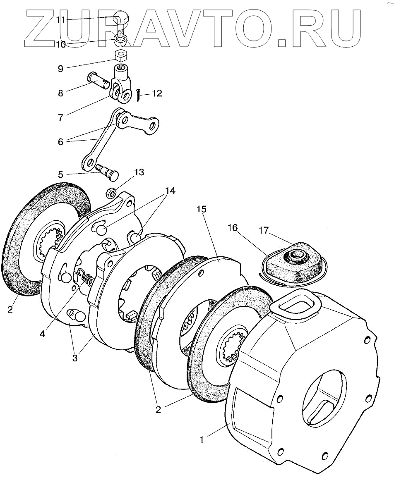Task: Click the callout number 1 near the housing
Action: (202, 440)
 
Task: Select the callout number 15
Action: (202, 210)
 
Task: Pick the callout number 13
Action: (139, 172)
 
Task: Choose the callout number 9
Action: (60, 69)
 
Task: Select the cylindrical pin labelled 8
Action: (98, 80)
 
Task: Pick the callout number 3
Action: (75, 358)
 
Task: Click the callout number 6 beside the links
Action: (60, 141)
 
